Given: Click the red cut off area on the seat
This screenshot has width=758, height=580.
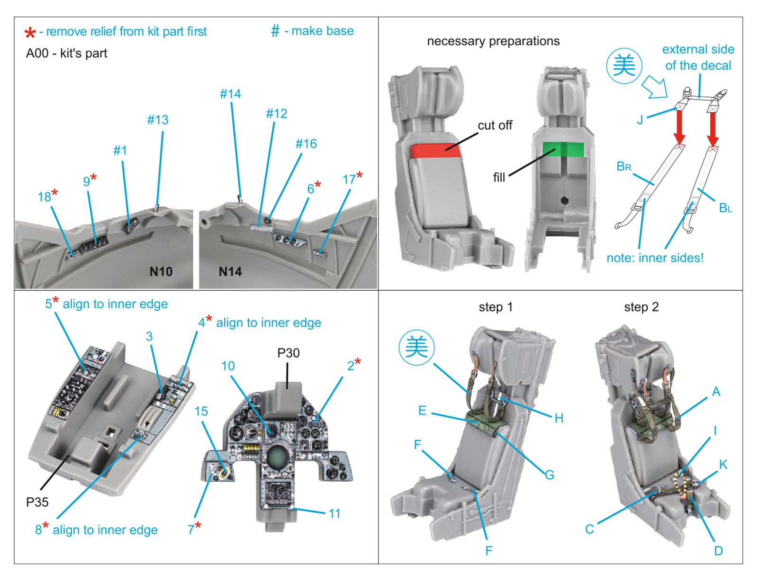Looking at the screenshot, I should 434,150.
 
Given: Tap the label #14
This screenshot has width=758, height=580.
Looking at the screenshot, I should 230,94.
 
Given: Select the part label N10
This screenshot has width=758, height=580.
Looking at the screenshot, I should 161,272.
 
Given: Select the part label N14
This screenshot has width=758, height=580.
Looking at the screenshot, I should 230,272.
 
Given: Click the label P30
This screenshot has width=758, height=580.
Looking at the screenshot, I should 288,353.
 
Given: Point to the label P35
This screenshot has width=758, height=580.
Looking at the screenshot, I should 37,502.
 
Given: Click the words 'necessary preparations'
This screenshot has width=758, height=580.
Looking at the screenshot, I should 493,41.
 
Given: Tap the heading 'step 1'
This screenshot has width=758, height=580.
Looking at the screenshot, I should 496,307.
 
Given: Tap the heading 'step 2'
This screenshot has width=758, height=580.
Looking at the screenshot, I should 641,307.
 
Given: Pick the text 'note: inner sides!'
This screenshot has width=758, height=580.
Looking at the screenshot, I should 655,258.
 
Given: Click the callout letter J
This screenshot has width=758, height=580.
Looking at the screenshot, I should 640,120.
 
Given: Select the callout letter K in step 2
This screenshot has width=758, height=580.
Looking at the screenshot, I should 723,464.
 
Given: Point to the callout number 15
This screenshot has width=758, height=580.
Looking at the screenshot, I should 201,411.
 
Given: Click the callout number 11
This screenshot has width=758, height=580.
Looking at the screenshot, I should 334,514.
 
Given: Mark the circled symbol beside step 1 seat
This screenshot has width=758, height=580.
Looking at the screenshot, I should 416,347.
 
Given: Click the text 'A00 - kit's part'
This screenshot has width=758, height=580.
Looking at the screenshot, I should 66,54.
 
